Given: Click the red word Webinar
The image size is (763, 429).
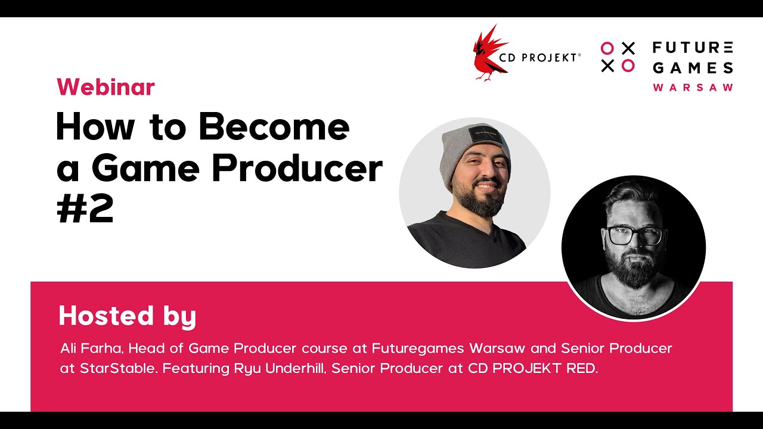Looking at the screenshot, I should (106, 87).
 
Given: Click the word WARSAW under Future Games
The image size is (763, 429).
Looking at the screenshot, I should (693, 88).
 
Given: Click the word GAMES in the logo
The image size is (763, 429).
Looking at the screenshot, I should (693, 68).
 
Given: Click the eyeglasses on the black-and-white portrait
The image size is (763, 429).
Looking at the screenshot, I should (634, 236).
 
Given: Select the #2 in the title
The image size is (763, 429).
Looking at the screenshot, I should (85, 209).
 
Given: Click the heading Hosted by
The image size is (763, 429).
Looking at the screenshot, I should (127, 316).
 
